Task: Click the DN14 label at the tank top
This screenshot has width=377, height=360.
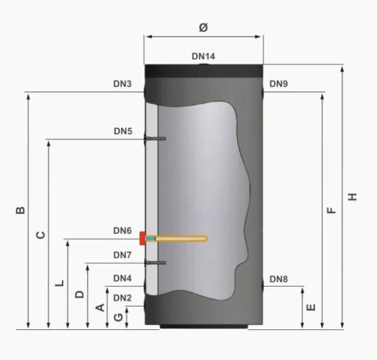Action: pos(203,57)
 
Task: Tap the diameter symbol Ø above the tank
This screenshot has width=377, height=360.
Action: pos(203,27)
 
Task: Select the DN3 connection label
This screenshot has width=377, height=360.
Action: pos(123,84)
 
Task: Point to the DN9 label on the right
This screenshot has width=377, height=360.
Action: pos(278,84)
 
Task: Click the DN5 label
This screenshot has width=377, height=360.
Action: pos(123,131)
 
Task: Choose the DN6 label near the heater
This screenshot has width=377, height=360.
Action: pos(123,231)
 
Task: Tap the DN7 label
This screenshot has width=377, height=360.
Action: pos(123,255)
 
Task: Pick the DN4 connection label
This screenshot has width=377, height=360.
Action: pos(123,278)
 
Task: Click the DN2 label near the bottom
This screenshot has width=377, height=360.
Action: pos(123,298)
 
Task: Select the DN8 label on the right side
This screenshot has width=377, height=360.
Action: pos(278,279)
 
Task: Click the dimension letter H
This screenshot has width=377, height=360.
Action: pos(352,197)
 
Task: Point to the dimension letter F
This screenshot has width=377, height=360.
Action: pos(331,210)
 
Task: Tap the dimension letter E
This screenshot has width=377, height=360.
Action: pos(311,307)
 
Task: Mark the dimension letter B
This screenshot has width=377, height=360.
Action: pos(20,210)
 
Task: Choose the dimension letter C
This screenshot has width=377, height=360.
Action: pos(40,235)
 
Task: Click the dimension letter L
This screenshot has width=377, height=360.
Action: pos(60,283)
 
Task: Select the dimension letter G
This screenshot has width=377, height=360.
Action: pos(118,318)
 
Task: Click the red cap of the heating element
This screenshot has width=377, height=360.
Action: pos(143,238)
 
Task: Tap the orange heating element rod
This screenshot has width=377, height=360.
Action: pos(177,238)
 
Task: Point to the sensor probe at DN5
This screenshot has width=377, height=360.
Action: pos(155,138)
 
